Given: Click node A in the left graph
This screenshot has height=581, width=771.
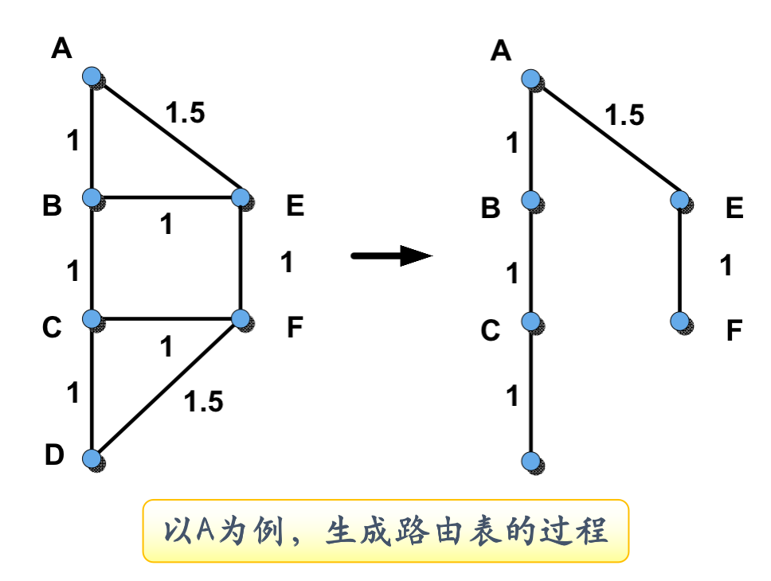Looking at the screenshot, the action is tap(92, 76).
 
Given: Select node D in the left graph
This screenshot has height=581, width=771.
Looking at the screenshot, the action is tap(92, 458).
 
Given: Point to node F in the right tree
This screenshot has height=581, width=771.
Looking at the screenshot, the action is tap(679, 321).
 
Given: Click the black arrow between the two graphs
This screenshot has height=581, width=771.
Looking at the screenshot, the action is tap(392, 255).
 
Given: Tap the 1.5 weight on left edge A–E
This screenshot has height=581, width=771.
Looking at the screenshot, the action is tap(185, 114).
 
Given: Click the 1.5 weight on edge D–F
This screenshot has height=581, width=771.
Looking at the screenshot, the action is tap(203, 402).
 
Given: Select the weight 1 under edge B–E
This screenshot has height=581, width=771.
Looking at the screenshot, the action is tap(166, 225).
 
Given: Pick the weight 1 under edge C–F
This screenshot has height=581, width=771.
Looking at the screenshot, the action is tap(166, 347).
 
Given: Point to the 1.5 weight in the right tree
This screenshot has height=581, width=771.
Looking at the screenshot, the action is tap(624, 116).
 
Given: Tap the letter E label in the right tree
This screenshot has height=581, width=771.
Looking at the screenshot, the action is tap(734, 209).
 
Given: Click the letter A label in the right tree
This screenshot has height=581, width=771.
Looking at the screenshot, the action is tap(500, 51).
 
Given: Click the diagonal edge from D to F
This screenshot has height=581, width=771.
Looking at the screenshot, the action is tap(166, 388).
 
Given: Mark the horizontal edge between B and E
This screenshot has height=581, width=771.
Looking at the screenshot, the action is tap(166, 197).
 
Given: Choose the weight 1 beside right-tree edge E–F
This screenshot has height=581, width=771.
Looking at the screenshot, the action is tap(725, 265).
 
